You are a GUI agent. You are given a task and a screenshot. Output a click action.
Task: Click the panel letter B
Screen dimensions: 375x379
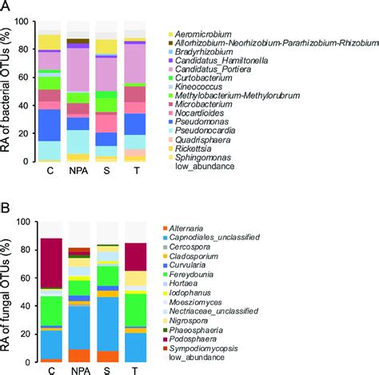[x=6, y=206]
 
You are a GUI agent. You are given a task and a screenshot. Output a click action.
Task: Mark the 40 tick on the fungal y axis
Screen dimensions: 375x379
[x=28, y=302]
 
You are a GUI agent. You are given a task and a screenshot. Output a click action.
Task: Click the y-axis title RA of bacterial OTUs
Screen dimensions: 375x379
[x=8, y=94]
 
